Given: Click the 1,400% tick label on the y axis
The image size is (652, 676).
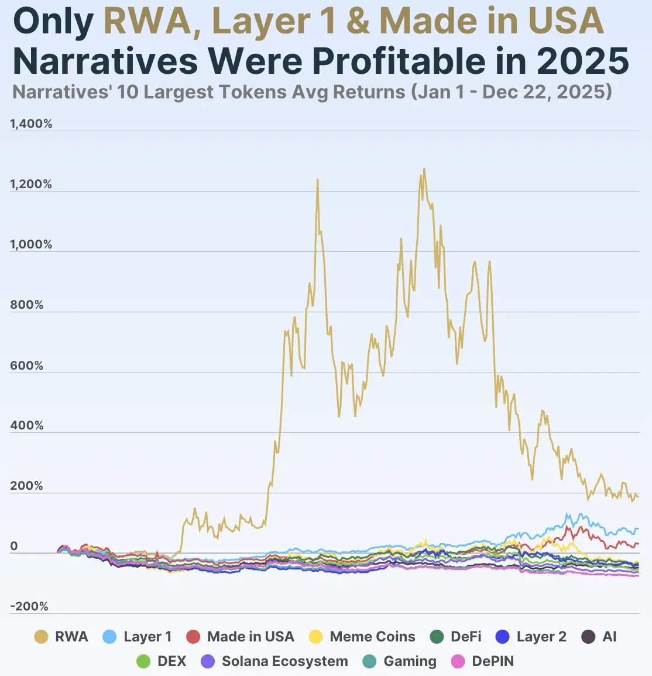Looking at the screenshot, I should [x=31, y=124].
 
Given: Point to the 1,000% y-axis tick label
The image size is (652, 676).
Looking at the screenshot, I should [x=31, y=245].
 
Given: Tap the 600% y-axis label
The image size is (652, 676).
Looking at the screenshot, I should [x=27, y=366].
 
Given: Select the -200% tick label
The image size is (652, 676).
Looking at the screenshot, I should [x=29, y=607].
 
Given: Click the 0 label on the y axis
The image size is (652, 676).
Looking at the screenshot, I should [x=14, y=547].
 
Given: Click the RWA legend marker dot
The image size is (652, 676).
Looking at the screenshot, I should [x=42, y=637].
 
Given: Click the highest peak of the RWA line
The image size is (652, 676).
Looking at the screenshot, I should [x=424, y=169].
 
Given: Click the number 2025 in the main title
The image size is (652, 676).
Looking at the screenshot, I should [x=582, y=60].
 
